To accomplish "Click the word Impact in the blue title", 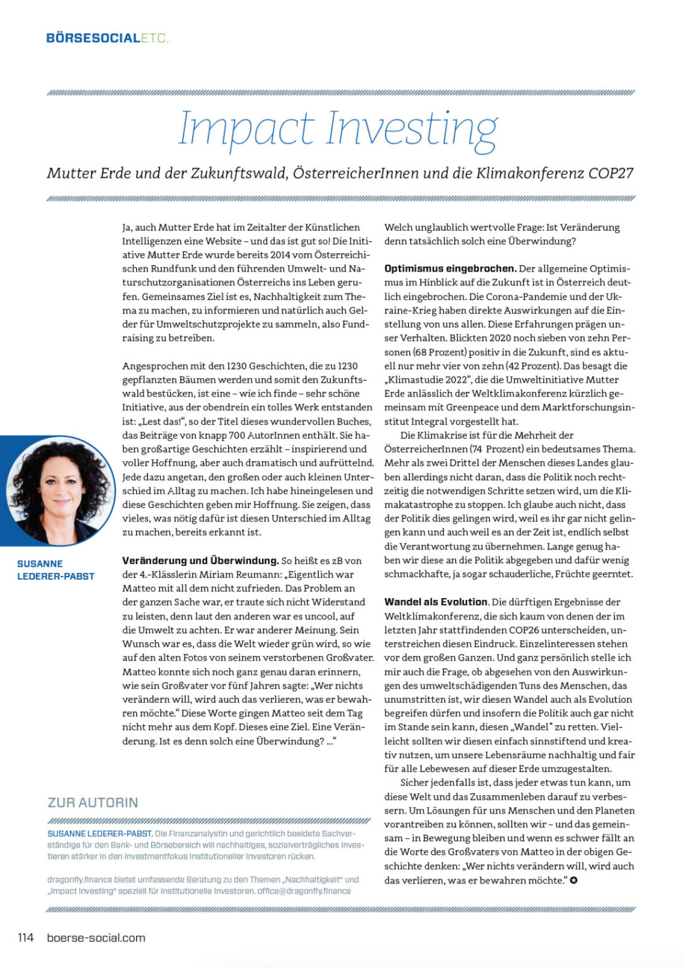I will click(246, 129).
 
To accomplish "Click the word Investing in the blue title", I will click(412, 129).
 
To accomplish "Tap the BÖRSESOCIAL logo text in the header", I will click(93, 38).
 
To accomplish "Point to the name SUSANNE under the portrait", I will click(40, 563).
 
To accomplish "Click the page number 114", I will click(26, 938).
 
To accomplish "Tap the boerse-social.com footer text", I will click(96, 938).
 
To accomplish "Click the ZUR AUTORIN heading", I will click(93, 803).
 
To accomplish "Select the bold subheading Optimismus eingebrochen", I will click(450, 269).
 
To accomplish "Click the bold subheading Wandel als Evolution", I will click(436, 602).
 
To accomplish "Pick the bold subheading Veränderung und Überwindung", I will click(200, 560).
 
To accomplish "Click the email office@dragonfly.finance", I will click(304, 891).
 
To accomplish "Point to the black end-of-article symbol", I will click(574, 880).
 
